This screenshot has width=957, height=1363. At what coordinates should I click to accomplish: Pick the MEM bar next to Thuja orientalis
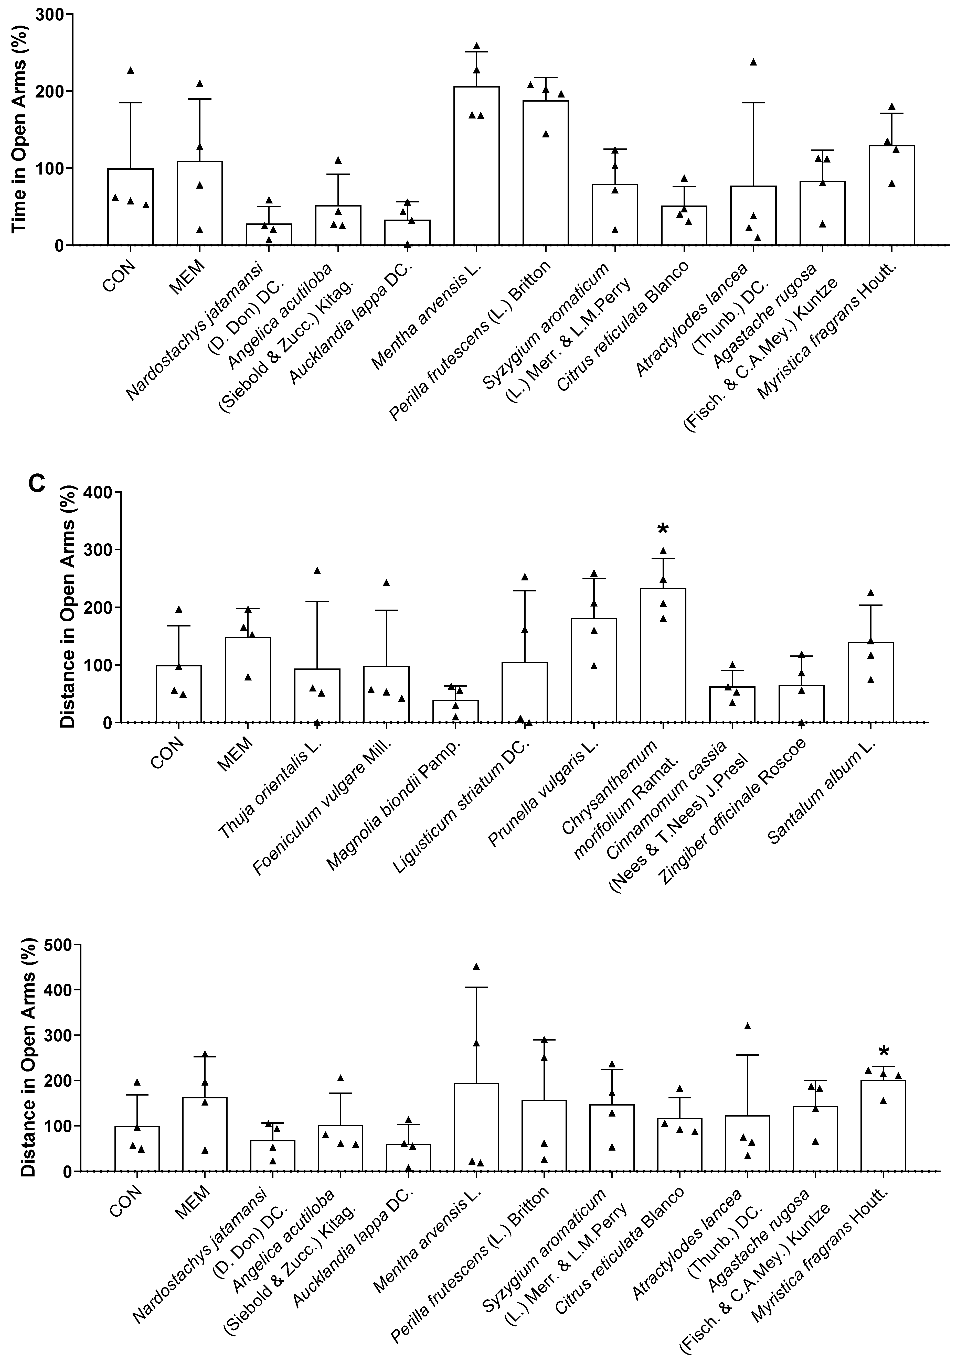tap(248, 680)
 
